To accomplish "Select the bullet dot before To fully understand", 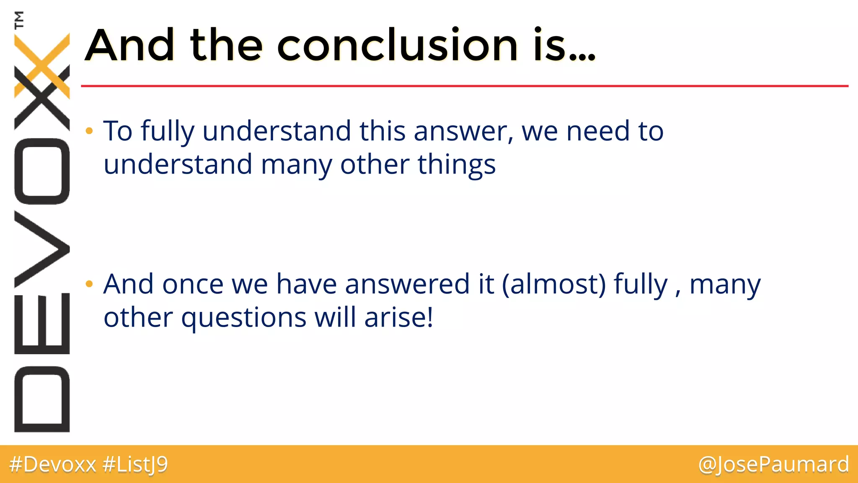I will [89, 131].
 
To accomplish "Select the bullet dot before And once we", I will [89, 284].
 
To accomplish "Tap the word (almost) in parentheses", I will [554, 284].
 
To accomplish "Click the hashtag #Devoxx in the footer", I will [52, 465].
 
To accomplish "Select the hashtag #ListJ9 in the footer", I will [135, 465].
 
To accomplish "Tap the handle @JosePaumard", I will [773, 465].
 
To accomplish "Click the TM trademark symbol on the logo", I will [19, 20].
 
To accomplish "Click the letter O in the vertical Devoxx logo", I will [42, 171].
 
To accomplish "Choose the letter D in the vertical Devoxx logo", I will [42, 399].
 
